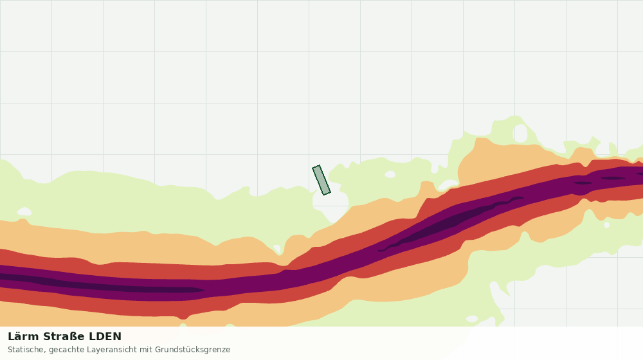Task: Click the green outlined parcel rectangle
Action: click(321, 180)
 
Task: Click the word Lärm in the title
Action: click(24, 336)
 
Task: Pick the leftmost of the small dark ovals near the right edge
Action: click(583, 183)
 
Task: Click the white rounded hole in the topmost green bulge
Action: click(520, 133)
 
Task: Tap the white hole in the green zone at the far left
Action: click(24, 212)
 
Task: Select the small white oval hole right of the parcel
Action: click(390, 174)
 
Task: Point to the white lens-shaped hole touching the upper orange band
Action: click(448, 185)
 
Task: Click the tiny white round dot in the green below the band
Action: click(607, 225)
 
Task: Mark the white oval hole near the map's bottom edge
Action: click(472, 319)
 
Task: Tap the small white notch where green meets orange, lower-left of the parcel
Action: click(276, 249)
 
